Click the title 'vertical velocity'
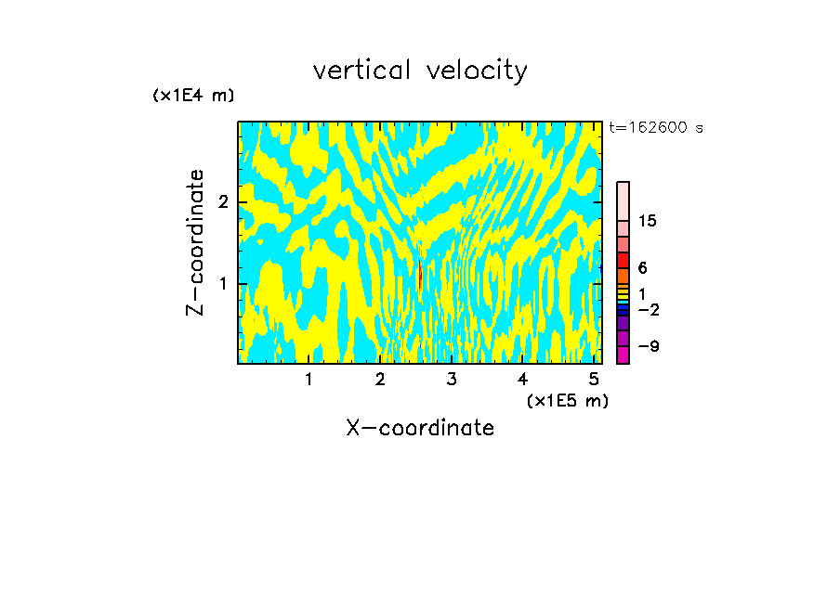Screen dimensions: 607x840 (420, 71)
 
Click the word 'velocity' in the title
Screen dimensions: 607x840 (475, 71)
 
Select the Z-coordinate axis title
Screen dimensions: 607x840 (195, 242)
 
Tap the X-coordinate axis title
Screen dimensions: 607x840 (420, 428)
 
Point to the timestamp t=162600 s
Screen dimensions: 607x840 (655, 128)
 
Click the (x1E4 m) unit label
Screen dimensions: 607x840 (193, 95)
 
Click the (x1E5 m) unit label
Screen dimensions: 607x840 (567, 400)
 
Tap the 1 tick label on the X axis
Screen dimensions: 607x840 (309, 380)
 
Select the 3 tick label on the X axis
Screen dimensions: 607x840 (452, 380)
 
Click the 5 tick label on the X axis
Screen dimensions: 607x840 (594, 380)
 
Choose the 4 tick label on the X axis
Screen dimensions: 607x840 (522, 380)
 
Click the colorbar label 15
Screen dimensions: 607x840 (648, 221)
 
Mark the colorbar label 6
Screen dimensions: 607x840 (642, 267)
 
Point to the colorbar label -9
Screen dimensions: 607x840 (646, 346)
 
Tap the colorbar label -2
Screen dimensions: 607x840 (646, 309)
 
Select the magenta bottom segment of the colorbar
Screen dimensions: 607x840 (623, 354)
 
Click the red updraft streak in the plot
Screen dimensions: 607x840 (420, 276)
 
